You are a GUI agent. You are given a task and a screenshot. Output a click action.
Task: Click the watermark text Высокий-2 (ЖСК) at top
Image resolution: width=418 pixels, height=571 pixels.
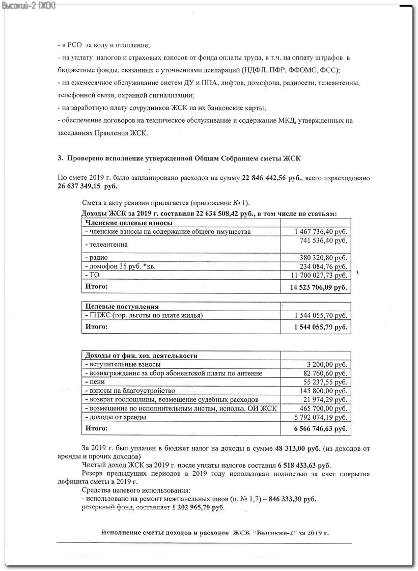click(29, 5)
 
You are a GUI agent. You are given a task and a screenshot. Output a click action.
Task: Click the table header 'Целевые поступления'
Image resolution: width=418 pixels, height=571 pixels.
click(122, 307)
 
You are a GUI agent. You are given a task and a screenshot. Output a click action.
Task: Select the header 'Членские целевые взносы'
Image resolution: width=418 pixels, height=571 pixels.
click(129, 223)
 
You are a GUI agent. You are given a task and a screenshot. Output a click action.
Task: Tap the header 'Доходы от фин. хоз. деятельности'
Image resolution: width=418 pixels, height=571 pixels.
click(141, 356)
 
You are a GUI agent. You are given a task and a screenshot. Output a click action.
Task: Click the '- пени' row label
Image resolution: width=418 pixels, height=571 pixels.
click(95, 382)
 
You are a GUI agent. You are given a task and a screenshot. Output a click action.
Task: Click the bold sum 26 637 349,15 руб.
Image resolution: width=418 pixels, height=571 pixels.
click(87, 186)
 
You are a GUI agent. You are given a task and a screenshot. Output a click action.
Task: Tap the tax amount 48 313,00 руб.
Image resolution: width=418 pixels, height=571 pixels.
click(298, 448)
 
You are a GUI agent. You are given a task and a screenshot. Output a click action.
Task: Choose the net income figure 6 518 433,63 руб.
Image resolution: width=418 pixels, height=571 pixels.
click(304, 466)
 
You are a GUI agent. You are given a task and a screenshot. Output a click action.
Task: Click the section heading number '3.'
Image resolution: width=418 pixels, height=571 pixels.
click(60, 158)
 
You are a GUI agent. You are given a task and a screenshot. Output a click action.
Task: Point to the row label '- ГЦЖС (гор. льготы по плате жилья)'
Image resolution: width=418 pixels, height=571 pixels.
click(145, 316)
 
